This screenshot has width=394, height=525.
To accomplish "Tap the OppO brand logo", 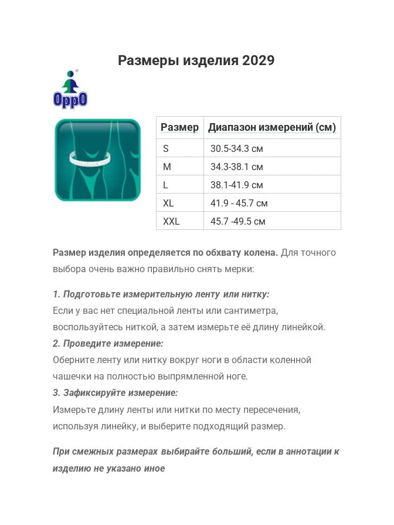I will [70, 90].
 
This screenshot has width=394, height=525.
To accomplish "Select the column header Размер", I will [179, 127].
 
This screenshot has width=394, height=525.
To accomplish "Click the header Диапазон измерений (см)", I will [272, 127].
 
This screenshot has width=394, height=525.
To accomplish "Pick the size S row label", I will [166, 148].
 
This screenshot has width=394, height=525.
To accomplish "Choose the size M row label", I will [167, 167].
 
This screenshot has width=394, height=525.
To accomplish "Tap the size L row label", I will [166, 185].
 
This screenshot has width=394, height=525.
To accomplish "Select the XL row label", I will [169, 203].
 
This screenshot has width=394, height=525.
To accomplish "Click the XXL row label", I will [171, 221].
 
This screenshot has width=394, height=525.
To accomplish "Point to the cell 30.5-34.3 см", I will [237, 148].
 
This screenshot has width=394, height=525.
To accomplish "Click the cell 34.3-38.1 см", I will [237, 167].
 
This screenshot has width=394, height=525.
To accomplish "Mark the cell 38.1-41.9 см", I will [237, 185].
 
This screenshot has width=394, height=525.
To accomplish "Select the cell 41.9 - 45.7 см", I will [239, 203].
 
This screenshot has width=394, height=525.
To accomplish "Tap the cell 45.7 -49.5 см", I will [238, 221].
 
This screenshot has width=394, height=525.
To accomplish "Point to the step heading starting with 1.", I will [161, 294].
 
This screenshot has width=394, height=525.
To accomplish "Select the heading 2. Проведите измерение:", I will [108, 343].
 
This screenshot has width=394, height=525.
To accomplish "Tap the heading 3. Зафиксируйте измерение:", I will [115, 392].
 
